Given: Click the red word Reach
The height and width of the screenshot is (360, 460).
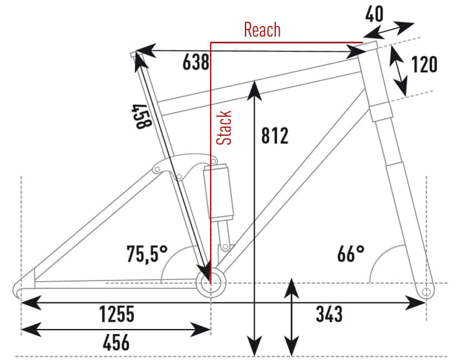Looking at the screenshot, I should pos(262,30).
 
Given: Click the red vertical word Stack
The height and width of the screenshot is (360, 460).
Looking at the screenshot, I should pos(224,127).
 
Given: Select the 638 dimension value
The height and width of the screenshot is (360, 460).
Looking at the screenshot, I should pos(196,63).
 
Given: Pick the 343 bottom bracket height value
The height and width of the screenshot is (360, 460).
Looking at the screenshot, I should pos(329,315).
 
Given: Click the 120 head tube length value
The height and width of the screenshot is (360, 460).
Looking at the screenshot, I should pos(424,65).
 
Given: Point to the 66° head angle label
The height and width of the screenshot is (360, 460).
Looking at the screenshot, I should pos(350,253).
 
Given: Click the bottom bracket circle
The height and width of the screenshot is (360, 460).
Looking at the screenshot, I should pos(211,282).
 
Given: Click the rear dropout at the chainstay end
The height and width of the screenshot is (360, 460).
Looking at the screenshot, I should pos(23,285).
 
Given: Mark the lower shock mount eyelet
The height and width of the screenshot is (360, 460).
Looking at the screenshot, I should pos(224,246).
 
